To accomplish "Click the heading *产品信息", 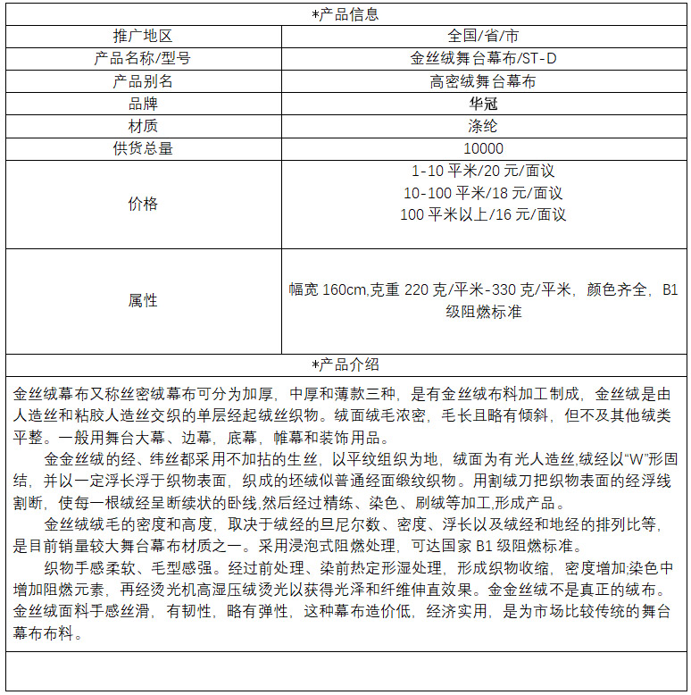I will point(345,14).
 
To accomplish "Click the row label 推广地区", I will point(143,37).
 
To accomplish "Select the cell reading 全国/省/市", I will point(483,37).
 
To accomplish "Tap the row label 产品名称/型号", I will point(143,59).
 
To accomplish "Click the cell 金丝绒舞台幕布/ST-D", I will point(483,59).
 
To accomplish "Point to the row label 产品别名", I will point(143,81).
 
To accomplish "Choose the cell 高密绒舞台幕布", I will point(483,81).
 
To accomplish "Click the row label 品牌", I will point(143,104).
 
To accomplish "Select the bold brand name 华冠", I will point(483,104).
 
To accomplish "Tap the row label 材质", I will point(143,126).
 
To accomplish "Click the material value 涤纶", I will point(483,126).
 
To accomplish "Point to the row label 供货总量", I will point(143,148).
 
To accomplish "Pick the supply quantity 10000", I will point(483,148).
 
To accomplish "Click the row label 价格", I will point(143,204).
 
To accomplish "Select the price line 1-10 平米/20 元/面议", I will point(483,171).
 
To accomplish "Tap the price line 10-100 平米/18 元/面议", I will point(483,193).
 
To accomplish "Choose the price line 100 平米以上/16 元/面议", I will point(483,214).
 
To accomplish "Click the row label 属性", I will point(143,300).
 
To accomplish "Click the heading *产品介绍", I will point(345,364).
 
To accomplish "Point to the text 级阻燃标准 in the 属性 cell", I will point(483,312).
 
